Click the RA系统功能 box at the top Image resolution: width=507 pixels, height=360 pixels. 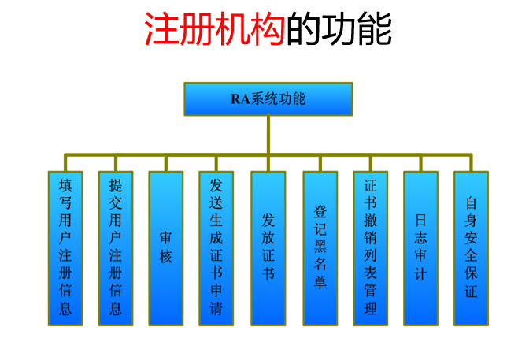pyautogui.click(x=268, y=99)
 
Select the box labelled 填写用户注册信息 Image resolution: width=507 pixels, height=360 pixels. pyautogui.click(x=65, y=247)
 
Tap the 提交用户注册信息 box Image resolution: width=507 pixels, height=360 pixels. pyautogui.click(x=116, y=247)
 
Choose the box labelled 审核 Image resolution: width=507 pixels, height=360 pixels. pyautogui.click(x=166, y=247)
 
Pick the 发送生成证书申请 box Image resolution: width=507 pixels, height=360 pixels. pyautogui.click(x=216, y=247)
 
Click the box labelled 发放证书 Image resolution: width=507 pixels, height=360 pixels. pyautogui.click(x=268, y=247)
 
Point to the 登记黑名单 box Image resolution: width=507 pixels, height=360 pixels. pyautogui.click(x=320, y=247)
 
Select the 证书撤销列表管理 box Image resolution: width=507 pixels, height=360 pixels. pyautogui.click(x=370, y=247)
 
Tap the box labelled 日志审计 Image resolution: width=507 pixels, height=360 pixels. pyautogui.click(x=420, y=247)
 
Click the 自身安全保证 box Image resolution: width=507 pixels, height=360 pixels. pyautogui.click(x=471, y=247)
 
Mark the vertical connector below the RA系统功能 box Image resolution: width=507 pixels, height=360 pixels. pyautogui.click(x=268, y=134)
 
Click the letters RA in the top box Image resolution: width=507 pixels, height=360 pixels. pyautogui.click(x=239, y=99)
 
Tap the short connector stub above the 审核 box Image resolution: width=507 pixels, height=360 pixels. pyautogui.click(x=166, y=162)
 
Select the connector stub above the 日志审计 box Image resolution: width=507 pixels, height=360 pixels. pyautogui.click(x=420, y=162)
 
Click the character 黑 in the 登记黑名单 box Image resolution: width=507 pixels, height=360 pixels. pyautogui.click(x=320, y=247)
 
